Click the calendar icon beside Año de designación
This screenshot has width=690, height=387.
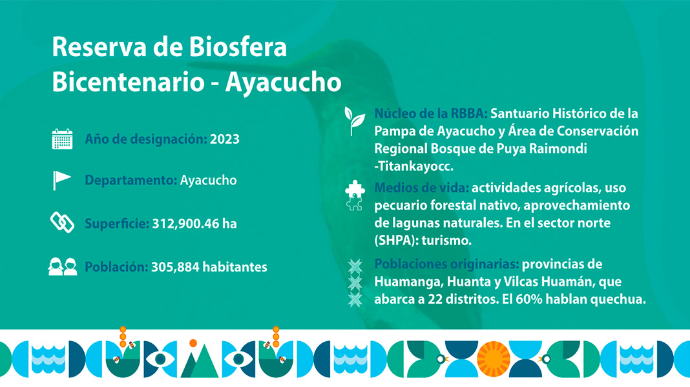[62, 139]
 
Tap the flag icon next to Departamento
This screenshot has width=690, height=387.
[61, 180]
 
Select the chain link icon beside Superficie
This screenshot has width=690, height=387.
[62, 222]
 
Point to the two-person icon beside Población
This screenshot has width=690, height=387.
[63, 266]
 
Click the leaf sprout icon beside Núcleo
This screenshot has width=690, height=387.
[354, 121]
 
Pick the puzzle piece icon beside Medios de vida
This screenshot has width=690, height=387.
[355, 196]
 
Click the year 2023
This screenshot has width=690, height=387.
[224, 139]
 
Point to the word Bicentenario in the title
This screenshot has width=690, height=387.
[122, 82]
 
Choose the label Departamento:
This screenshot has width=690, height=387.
[131, 181]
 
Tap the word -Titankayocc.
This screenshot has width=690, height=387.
[413, 166]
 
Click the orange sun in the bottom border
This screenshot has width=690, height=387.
[494, 359]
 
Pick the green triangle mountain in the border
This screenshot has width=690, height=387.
[200, 361]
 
